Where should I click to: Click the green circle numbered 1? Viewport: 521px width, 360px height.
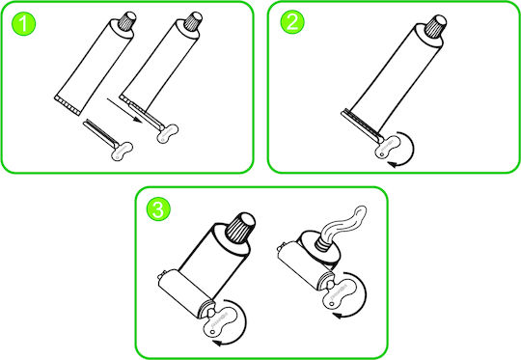pyautogui.click(x=23, y=23)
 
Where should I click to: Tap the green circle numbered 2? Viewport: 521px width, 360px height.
pyautogui.click(x=292, y=21)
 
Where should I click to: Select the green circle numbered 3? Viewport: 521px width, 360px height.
pyautogui.click(x=158, y=209)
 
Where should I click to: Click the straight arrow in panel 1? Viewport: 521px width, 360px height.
pyautogui.click(x=124, y=110)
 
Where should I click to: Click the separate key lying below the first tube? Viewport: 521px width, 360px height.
pyautogui.click(x=108, y=140)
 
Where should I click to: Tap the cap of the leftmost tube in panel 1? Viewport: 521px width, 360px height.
pyautogui.click(x=127, y=21)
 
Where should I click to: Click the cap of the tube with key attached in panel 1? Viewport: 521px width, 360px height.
pyautogui.click(x=193, y=20)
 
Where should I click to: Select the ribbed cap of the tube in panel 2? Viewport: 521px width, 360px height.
pyautogui.click(x=436, y=25)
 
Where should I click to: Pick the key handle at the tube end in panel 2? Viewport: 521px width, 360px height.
pyautogui.click(x=388, y=147)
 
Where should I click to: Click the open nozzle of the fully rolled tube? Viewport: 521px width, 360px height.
pyautogui.click(x=322, y=243)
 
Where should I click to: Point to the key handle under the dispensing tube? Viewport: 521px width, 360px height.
pyautogui.click(x=341, y=291)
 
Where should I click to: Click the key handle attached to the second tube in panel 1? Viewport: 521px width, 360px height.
pyautogui.click(x=168, y=133)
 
